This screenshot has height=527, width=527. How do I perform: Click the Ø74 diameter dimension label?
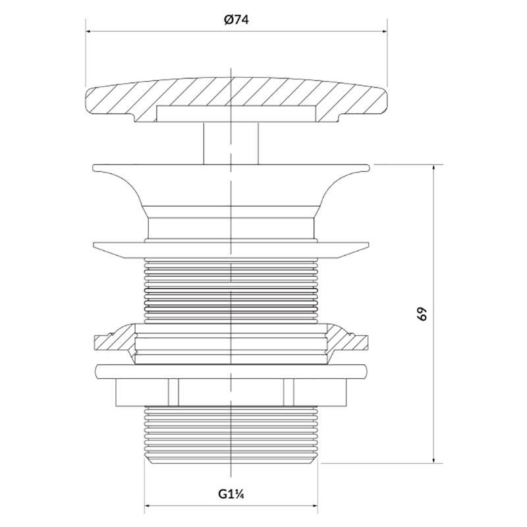coord(235,20)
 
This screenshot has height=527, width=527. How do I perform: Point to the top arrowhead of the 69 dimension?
coord(433,167)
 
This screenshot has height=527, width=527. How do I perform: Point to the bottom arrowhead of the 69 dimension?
coord(433,460)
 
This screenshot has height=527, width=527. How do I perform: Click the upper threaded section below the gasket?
coord(231,290)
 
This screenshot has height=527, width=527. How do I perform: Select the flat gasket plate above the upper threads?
coord(231,249)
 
